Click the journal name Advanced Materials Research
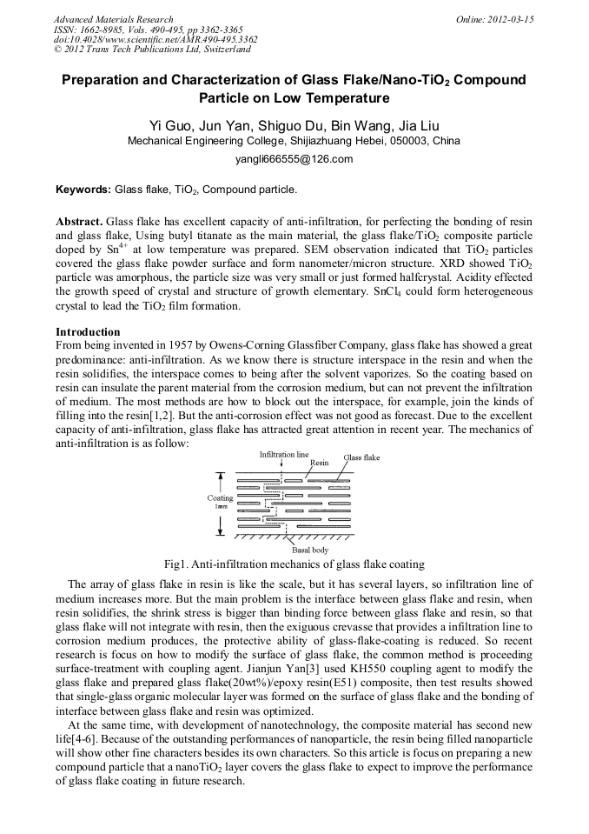coord(113,19)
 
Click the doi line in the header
coord(156,40)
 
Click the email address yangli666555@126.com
coord(294,159)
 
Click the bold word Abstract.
coord(79,222)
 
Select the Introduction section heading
coord(88,332)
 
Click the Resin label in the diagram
coord(320,464)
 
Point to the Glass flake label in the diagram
coord(361,457)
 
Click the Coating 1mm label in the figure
coord(220,502)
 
